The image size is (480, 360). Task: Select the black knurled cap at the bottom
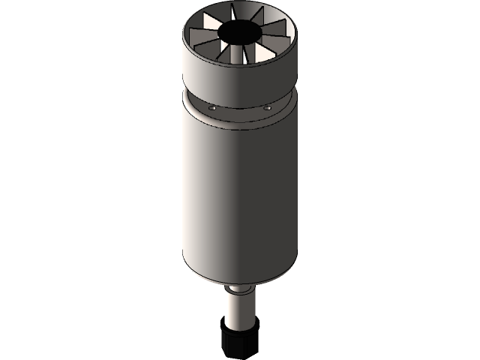[x=240, y=341]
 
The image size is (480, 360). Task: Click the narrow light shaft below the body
[x=240, y=311]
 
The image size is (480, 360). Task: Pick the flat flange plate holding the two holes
[x=240, y=113]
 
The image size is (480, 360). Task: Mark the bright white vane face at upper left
[x=204, y=34]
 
